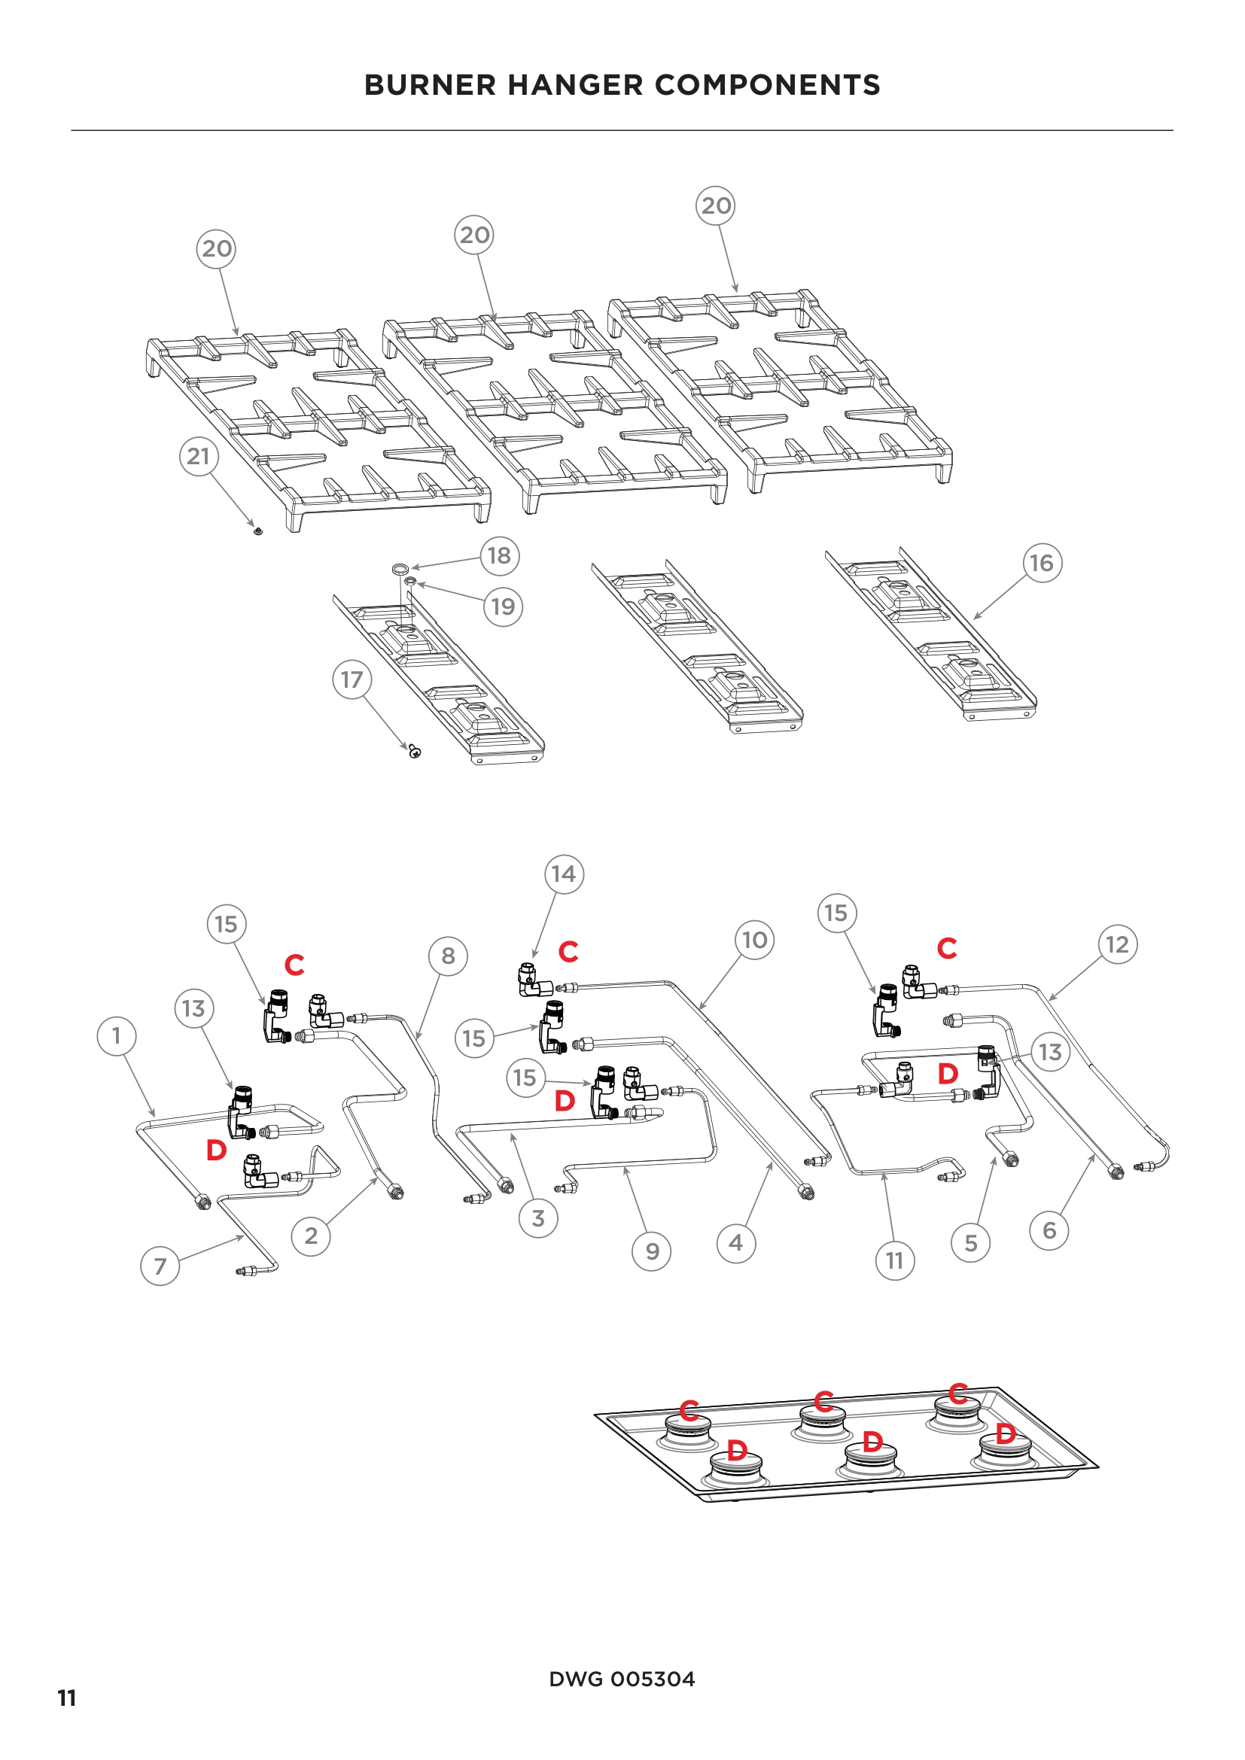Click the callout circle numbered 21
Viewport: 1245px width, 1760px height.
click(x=199, y=456)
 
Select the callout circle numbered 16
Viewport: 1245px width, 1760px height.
click(x=1042, y=564)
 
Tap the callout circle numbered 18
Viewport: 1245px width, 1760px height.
click(x=500, y=556)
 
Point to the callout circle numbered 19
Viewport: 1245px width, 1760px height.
click(x=503, y=607)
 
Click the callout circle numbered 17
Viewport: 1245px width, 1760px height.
click(x=352, y=680)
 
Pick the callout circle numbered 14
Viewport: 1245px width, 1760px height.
click(x=564, y=874)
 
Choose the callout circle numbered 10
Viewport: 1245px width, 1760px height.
click(x=754, y=940)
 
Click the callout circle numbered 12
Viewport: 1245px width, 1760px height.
click(x=1117, y=944)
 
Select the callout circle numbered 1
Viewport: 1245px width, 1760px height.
click(x=117, y=1036)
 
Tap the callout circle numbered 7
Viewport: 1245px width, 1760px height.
click(x=160, y=1266)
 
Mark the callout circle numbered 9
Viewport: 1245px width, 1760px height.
click(x=652, y=1252)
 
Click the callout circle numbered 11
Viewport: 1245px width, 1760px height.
click(x=895, y=1261)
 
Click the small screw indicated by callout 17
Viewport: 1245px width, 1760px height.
click(x=415, y=751)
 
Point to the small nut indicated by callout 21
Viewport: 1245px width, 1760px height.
click(x=258, y=530)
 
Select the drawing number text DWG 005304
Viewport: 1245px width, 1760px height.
click(x=622, y=1679)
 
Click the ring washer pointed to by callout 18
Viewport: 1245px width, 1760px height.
click(x=400, y=569)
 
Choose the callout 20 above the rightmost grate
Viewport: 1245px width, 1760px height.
click(x=715, y=205)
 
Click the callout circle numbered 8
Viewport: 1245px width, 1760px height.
click(x=448, y=956)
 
